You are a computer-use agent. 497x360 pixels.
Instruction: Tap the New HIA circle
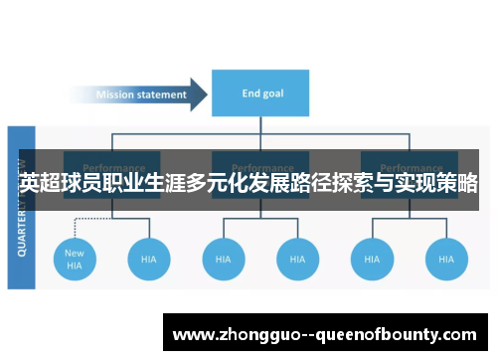pos(75,259)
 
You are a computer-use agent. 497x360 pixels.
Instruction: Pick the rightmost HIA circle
pos(445,259)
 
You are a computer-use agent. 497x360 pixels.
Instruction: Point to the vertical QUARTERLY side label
pos(22,208)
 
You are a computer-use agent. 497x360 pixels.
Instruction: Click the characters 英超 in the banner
pos(40,184)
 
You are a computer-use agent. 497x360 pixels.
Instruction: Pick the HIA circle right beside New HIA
pos(149,259)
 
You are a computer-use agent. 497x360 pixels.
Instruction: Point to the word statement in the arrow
pos(164,95)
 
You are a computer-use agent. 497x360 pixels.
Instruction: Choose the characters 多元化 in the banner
pos(211,184)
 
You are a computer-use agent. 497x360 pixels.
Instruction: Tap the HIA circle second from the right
pos(372,259)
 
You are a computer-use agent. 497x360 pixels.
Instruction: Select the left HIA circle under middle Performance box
pos(224,259)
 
